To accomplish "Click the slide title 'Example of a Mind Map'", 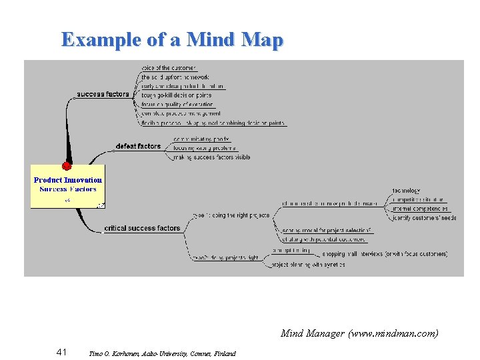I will (172, 39).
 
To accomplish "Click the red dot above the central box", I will (67, 166).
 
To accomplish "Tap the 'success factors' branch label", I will (103, 95).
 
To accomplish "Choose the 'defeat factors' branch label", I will (138, 146).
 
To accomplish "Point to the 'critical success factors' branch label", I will (143, 229).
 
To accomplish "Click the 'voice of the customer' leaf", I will (169, 68).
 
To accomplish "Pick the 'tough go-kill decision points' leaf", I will (177, 95).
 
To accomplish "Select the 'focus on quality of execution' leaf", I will (177, 105).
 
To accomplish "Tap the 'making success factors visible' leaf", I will (211, 158).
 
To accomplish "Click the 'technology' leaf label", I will (406, 191).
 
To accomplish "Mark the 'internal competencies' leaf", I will (420, 209).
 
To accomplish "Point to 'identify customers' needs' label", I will (424, 218).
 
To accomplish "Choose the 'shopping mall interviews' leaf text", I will (385, 254).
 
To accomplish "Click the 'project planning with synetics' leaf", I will (307, 265).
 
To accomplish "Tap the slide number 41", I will (61, 352).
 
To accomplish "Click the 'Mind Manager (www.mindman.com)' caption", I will (359, 333).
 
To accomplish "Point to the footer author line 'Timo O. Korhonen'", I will (162, 353).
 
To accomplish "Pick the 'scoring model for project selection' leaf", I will (322, 231).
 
